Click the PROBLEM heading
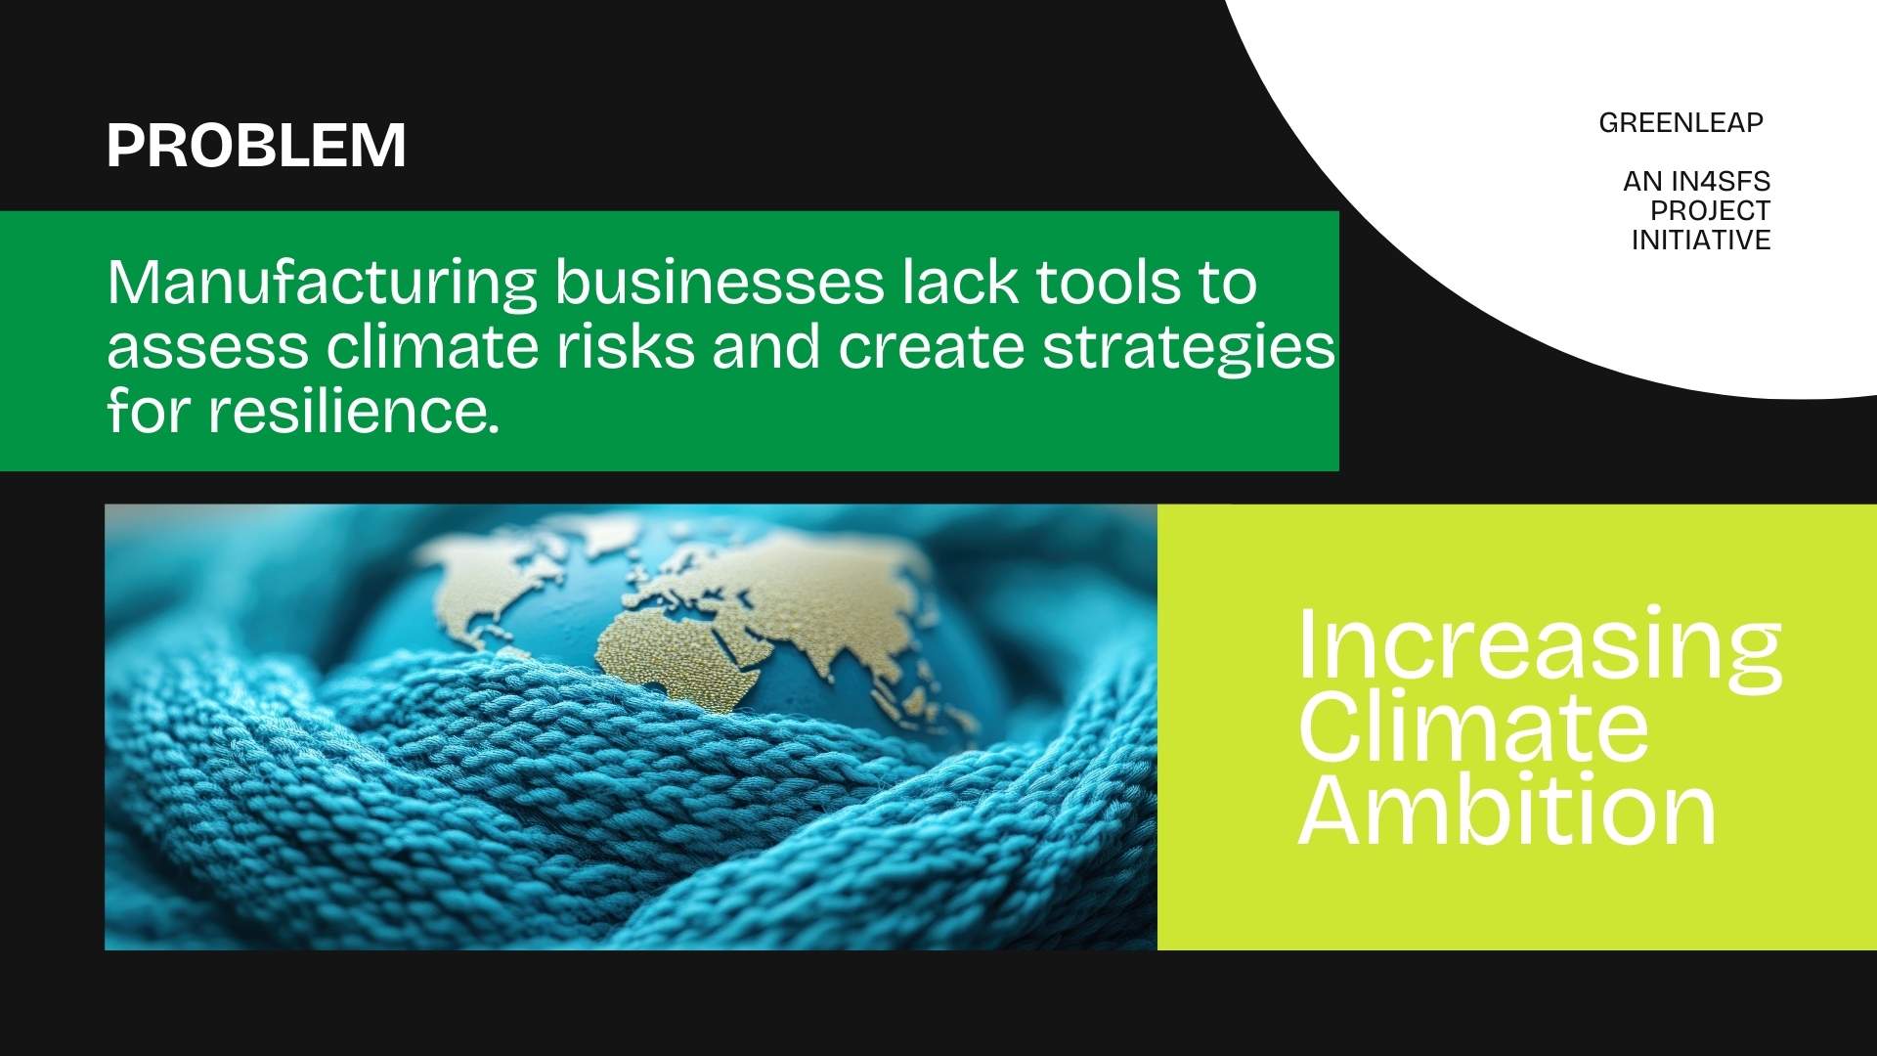256,146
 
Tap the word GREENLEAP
1681,123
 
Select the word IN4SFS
1721,181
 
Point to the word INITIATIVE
1701,240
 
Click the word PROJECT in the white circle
1711,210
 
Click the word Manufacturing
322,285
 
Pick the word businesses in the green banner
720,283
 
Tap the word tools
1105,283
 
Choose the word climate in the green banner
431,347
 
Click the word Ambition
1506,810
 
